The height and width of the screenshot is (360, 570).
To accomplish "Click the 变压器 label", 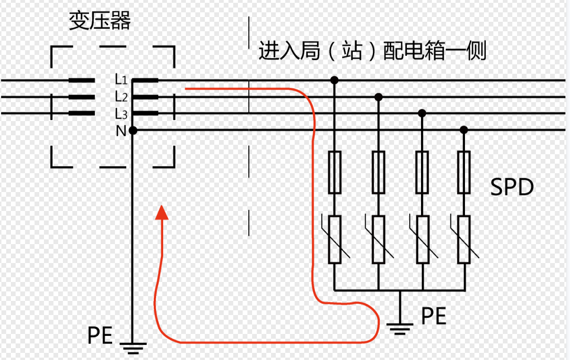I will (100, 21).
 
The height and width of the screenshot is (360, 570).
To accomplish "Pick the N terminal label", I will (121, 131).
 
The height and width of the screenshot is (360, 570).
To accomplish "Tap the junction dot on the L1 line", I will (334, 80).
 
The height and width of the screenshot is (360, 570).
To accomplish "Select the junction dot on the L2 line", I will (378, 97).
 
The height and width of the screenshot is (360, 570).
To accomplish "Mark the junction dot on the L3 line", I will (422, 114).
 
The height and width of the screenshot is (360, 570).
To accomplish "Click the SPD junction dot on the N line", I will (464, 130).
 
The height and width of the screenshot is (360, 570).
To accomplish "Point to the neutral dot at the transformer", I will (133, 131).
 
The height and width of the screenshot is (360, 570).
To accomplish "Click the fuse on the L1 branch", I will (334, 172).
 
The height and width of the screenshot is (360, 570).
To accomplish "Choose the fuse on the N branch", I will (464, 172).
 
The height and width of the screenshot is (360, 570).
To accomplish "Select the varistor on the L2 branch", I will (378, 239).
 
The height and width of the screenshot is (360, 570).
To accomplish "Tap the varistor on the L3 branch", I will (422, 239).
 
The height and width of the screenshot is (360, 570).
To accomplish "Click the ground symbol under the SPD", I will (400, 326).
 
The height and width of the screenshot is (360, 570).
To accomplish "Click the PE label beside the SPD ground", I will (434, 316).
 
